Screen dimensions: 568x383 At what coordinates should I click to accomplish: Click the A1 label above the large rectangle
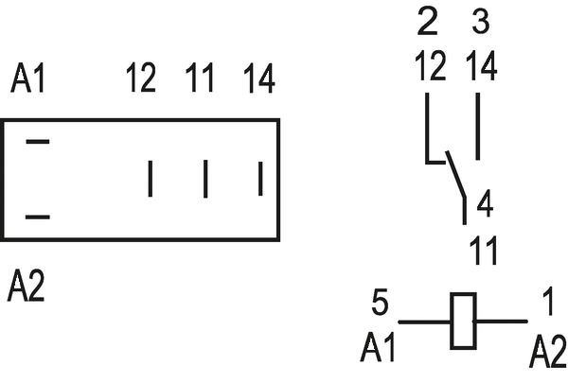tap(27, 80)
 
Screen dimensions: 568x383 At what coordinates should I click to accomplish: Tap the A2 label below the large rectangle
tap(26, 285)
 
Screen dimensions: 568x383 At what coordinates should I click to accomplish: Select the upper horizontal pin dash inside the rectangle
tap(37, 142)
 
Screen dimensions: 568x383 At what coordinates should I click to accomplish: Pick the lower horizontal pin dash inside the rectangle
tap(37, 217)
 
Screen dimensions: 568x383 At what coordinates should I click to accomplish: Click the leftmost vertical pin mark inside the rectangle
tap(150, 179)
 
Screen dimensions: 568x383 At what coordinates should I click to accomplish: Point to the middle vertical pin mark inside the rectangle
tap(205, 179)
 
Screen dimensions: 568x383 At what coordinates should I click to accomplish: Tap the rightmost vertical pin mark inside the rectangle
tap(260, 179)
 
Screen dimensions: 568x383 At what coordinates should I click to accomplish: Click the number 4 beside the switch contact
tap(484, 202)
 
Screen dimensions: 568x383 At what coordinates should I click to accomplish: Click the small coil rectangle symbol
tap(463, 322)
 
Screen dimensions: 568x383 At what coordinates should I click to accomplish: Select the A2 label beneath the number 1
tap(548, 352)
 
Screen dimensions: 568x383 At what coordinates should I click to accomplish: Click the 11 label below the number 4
tap(484, 252)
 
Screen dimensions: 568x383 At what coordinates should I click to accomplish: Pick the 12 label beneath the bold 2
tap(431, 66)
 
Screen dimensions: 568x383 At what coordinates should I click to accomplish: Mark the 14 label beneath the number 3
tap(482, 66)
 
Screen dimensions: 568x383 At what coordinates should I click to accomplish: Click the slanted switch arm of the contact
tap(455, 180)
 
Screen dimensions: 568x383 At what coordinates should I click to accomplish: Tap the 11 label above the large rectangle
tap(201, 80)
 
